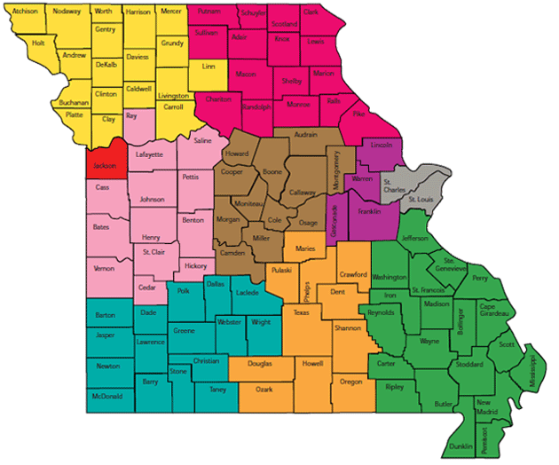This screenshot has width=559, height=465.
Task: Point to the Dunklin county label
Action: [461, 445]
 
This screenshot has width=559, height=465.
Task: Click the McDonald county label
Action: [106, 396]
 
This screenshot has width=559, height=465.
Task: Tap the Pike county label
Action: [358, 114]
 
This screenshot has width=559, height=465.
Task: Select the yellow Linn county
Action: [209, 67]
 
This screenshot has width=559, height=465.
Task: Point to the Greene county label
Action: [184, 331]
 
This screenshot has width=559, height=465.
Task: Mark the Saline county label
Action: [203, 140]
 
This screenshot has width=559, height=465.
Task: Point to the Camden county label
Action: [233, 254]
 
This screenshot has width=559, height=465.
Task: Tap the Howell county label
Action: [313, 364]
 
